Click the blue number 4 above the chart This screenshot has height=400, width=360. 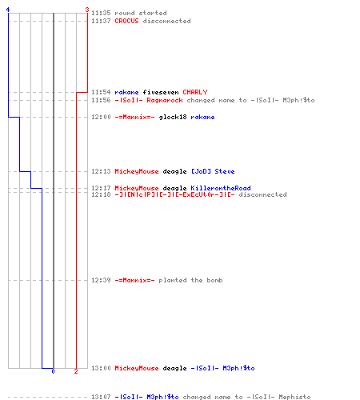click(8, 10)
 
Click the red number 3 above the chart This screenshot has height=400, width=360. click(87, 10)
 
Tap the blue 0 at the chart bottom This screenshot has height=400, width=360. click(53, 371)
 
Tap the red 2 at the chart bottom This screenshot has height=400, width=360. click(76, 371)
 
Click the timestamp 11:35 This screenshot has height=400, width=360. click(101, 13)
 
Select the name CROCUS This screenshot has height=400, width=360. click(126, 21)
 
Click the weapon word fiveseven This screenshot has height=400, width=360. click(161, 92)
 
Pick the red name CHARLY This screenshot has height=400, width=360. click(195, 92)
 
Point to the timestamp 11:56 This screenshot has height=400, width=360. click(101, 100)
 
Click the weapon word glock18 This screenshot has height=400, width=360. click(173, 117)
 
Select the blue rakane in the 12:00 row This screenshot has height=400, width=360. click(202, 117)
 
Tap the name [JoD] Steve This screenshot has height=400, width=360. click(213, 171)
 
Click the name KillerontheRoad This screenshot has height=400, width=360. click(221, 188)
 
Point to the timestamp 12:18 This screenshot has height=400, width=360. click(101, 194)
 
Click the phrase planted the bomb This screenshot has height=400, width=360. click(190, 280)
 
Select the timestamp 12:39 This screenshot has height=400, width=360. click(101, 280)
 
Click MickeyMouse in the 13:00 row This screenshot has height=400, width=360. click(137, 368)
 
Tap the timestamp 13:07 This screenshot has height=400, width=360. click(101, 397)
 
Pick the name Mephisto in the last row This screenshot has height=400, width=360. click(294, 397)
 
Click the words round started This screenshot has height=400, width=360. click(141, 13)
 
